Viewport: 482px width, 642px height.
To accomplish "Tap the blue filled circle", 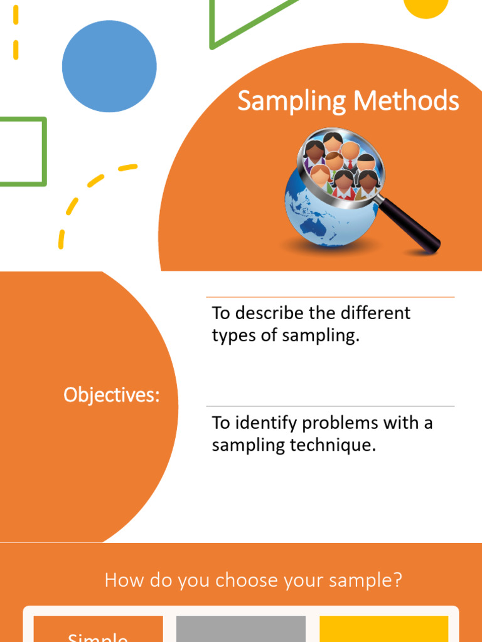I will click(109, 66).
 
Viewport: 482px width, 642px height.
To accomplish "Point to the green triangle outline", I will click(213, 25).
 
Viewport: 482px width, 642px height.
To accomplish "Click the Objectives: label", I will click(111, 396).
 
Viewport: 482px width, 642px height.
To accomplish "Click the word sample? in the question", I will click(370, 581).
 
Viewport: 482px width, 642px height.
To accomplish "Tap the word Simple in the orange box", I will click(98, 636).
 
